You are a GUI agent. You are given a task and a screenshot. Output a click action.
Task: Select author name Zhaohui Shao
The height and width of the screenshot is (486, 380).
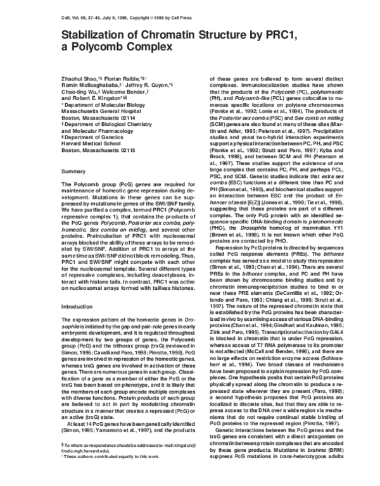[62, 77]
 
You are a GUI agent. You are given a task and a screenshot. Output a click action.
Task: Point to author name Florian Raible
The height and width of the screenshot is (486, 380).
[109, 77]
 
